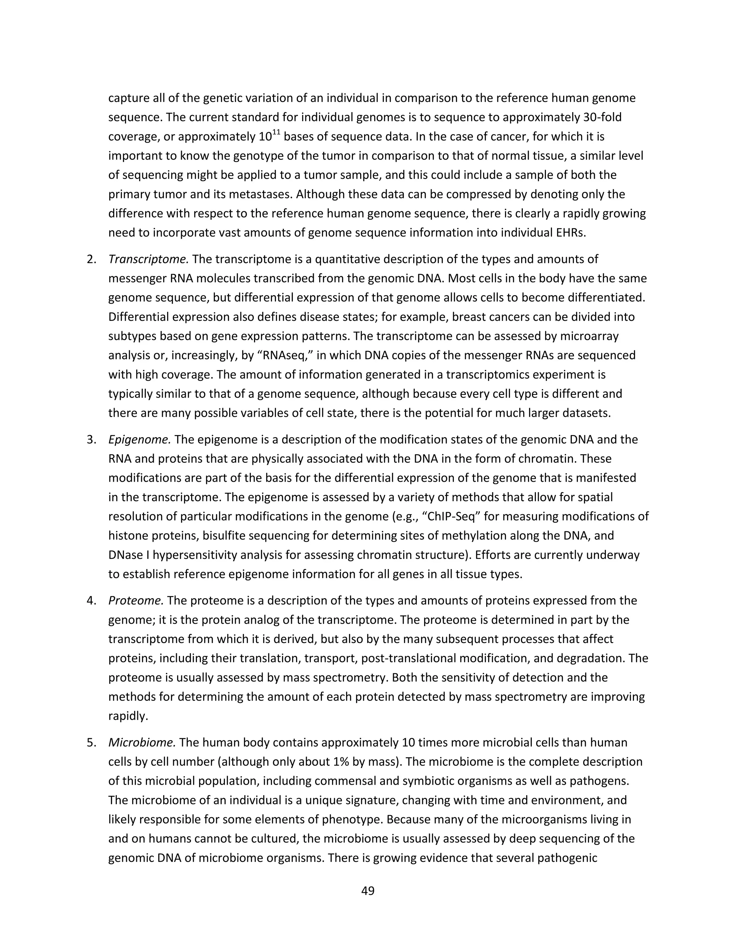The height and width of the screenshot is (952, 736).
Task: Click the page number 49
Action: point(368,891)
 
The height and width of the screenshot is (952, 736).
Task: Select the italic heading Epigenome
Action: point(139,439)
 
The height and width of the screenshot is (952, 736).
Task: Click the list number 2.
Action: point(91,259)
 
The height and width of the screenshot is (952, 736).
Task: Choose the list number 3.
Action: point(91,439)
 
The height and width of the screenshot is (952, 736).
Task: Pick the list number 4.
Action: point(91,601)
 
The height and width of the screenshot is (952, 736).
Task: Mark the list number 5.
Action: point(91,742)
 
